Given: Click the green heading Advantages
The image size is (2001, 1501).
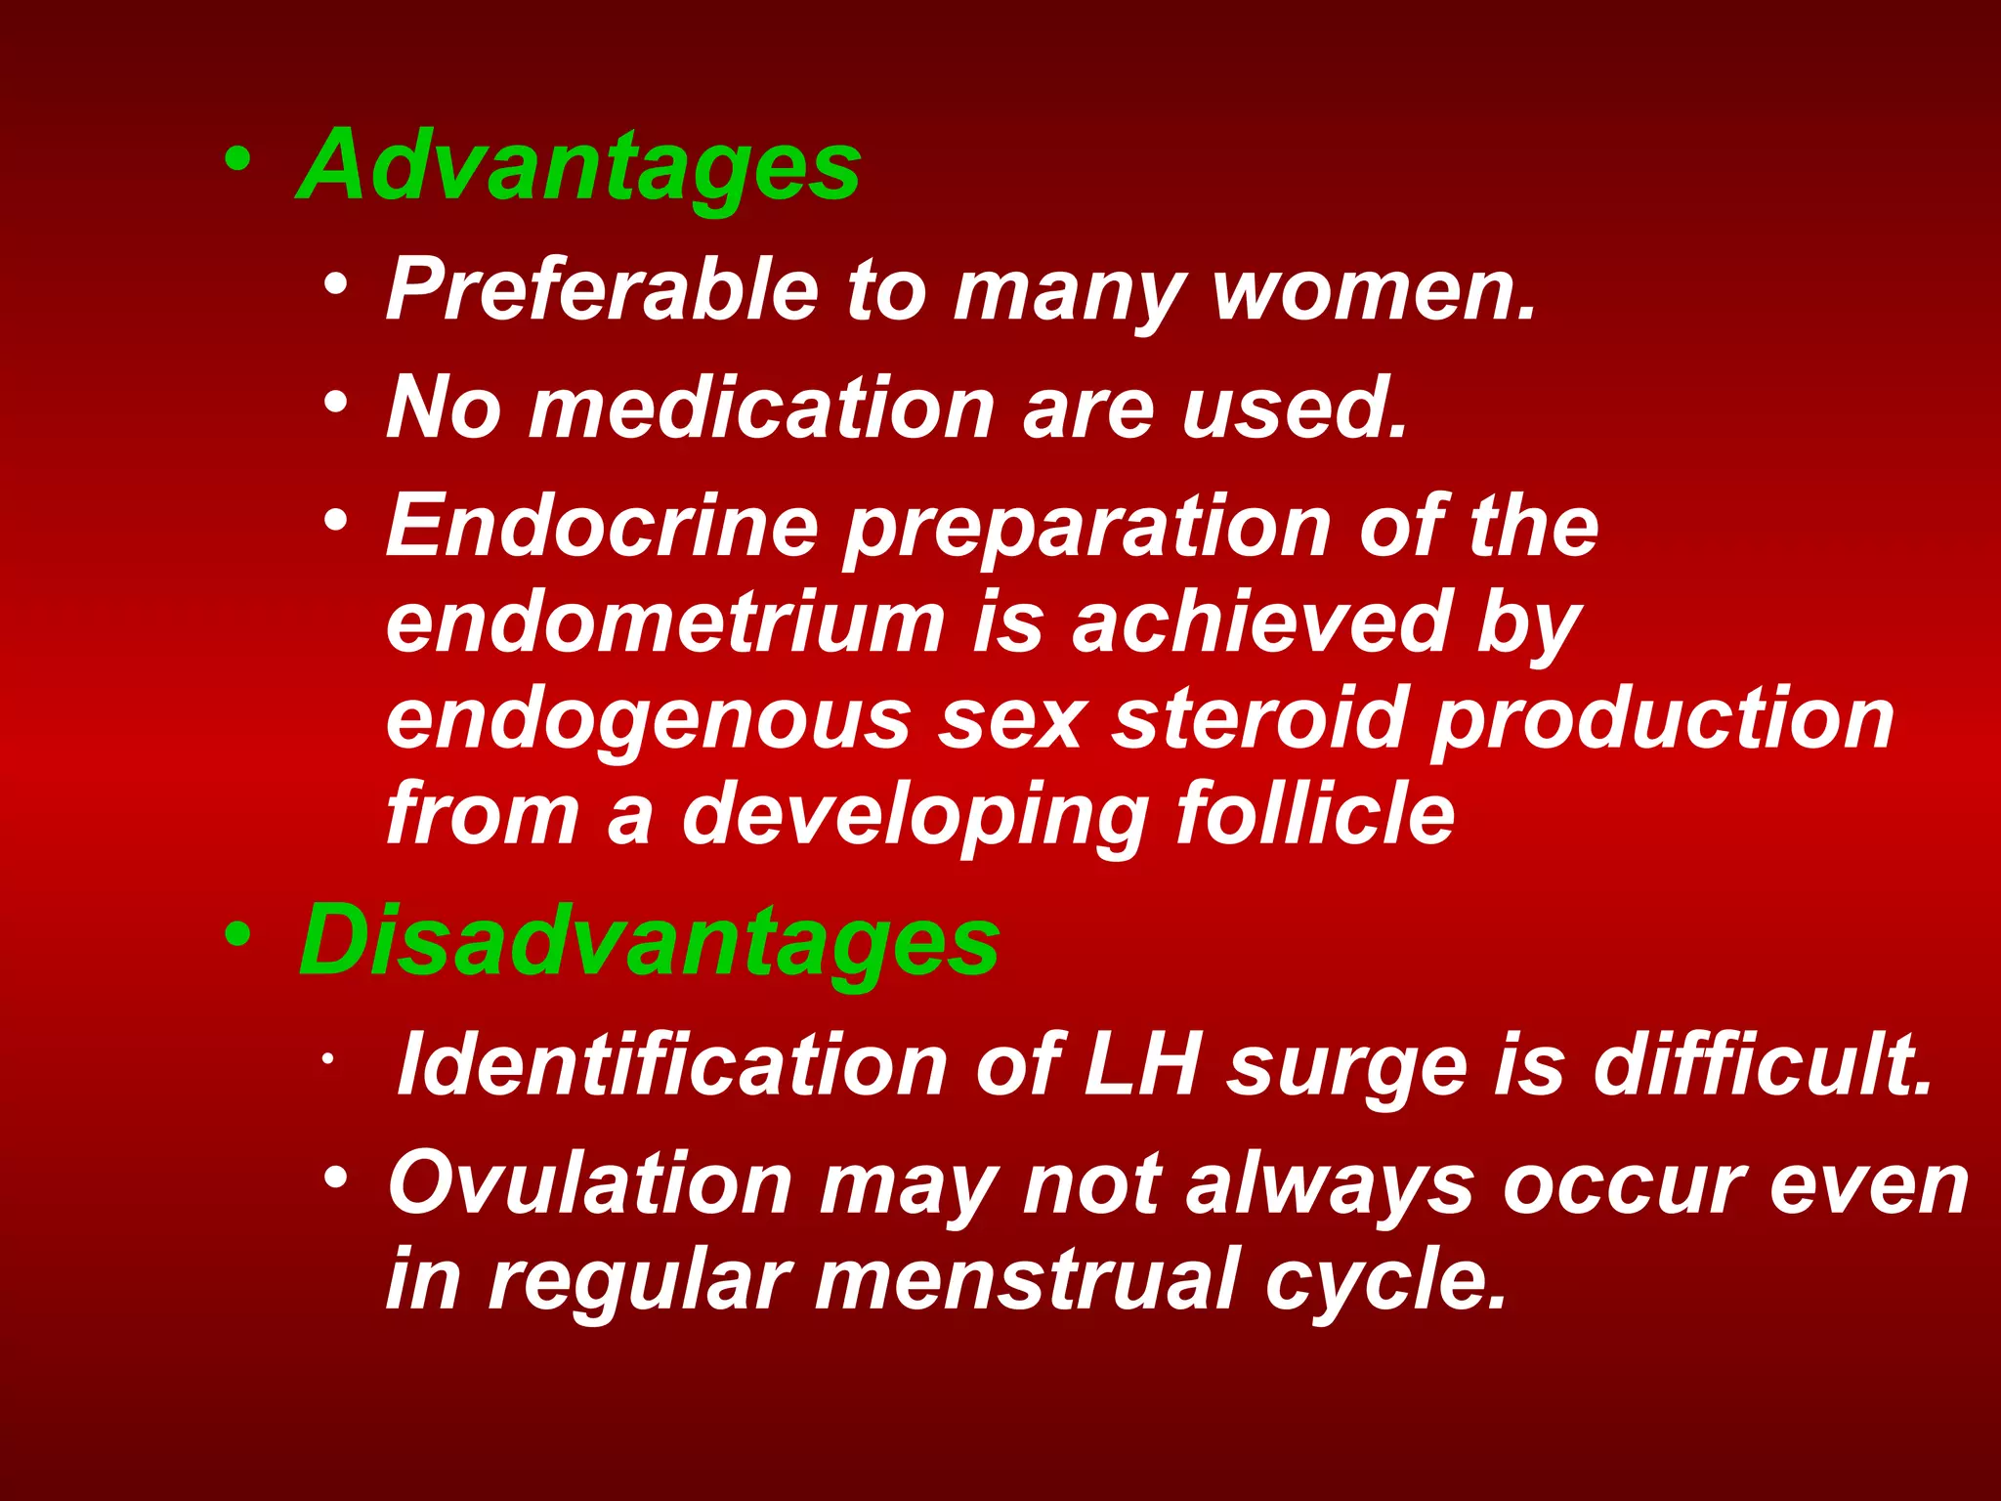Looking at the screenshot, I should coord(578,166).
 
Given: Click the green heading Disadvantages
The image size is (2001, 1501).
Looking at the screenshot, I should coord(649,940).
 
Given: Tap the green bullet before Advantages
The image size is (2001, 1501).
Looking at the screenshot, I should coord(237,158).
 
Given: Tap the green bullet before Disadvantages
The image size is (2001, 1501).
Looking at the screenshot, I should coord(237,934).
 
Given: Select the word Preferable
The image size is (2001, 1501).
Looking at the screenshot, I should coord(602,289).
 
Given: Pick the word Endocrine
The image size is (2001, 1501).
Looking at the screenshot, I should coord(602,526).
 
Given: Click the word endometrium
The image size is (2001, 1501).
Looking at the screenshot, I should coord(665,622).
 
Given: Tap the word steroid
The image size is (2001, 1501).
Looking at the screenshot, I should coord(1260,718).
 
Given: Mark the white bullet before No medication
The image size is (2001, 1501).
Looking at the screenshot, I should coord(336,402).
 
